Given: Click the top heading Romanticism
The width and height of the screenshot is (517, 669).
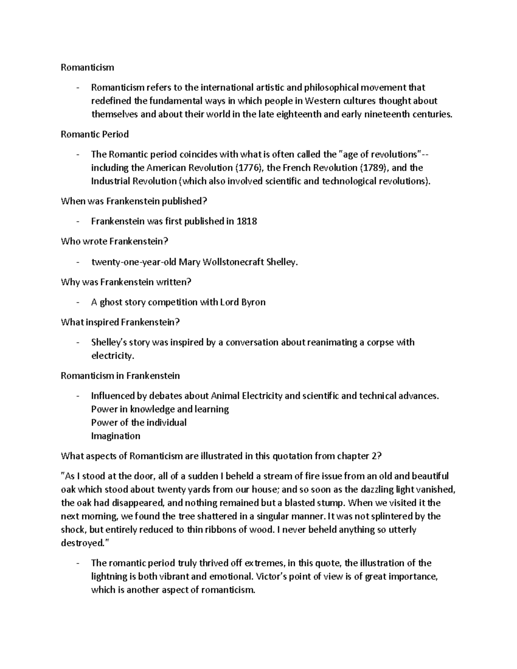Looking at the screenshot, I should (x=87, y=67).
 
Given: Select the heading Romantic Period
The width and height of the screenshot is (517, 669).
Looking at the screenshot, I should (x=95, y=134).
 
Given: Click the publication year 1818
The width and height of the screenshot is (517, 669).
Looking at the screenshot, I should (x=247, y=221).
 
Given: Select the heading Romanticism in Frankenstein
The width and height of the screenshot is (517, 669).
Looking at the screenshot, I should (x=120, y=376).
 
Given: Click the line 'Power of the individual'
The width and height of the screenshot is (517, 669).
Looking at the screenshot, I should (x=139, y=422).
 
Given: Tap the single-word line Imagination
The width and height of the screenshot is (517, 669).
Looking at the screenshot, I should (x=115, y=436).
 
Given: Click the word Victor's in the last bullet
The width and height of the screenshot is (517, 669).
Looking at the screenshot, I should (x=271, y=576).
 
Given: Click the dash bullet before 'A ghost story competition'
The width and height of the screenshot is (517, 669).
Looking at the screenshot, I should (x=77, y=302).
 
